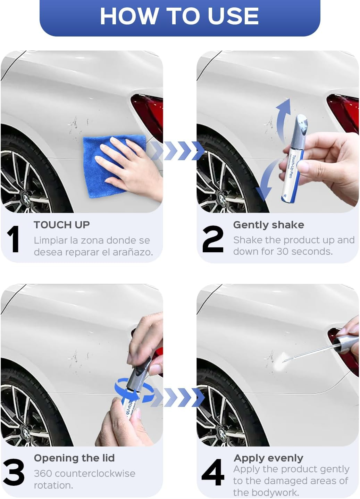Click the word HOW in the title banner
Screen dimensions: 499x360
pos(129,16)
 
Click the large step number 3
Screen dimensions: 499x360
pos(14,473)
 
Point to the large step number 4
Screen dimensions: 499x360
pos(212,473)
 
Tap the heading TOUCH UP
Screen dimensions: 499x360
pos(62,225)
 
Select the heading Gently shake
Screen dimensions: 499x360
pos(268,225)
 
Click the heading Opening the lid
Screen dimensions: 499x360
pos(74,458)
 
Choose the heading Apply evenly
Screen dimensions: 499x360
pos(268,458)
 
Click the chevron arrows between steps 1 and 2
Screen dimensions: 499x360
pos(179,150)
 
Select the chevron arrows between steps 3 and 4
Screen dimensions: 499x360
pos(179,397)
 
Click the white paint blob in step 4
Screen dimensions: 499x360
pos(280,361)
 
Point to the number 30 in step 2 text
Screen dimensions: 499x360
pos(283,251)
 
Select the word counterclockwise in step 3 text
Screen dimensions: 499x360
pos(95,474)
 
